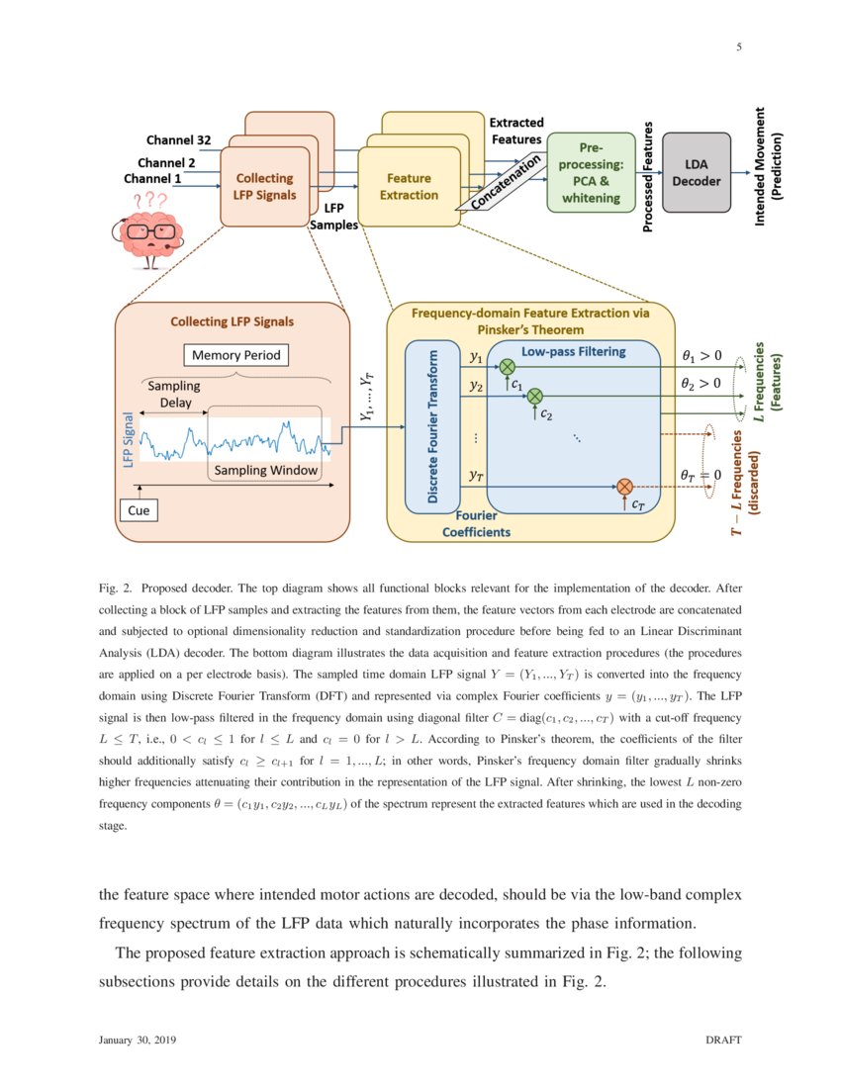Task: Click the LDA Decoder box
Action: point(697,173)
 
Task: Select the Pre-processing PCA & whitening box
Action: point(592,172)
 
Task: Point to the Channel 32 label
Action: point(177,139)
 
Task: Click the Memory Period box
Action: point(235,355)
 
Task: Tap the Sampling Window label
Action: point(266,470)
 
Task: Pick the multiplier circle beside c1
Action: point(508,367)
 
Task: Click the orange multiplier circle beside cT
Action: point(624,486)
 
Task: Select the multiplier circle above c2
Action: point(535,397)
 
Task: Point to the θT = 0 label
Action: point(701,475)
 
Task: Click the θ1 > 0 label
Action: point(701,355)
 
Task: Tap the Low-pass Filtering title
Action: point(573,351)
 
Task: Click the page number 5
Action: point(738,46)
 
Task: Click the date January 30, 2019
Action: point(138,1041)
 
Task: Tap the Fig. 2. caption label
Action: point(117,588)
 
